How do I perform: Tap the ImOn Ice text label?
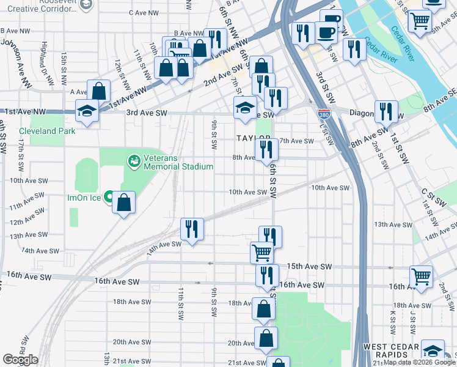(x=83, y=198)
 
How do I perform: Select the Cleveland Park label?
(x=46, y=131)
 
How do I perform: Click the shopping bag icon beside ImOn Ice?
(x=123, y=203)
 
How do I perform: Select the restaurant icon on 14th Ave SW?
(x=192, y=229)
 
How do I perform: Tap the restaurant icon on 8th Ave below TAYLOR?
(x=266, y=149)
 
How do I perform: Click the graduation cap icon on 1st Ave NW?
(x=87, y=111)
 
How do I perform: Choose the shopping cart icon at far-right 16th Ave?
(x=421, y=276)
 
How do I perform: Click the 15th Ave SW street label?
(x=309, y=267)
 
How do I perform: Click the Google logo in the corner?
(x=20, y=360)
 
